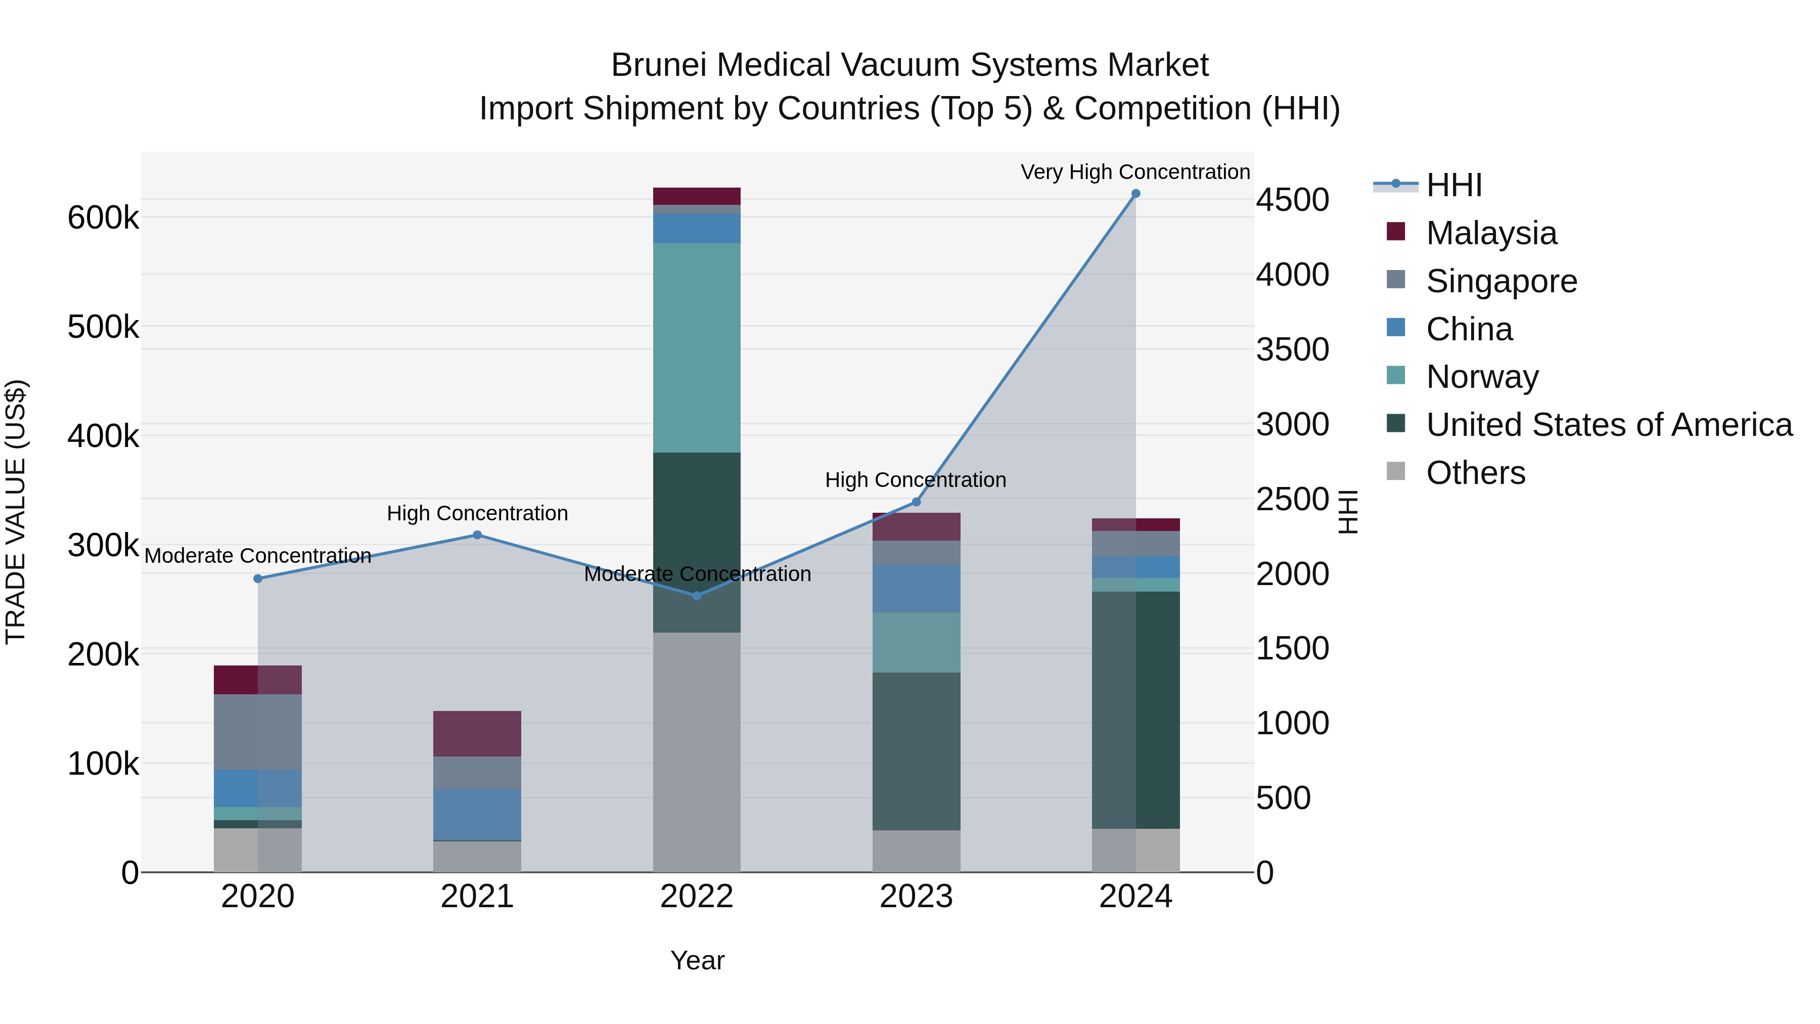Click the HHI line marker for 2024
point(1135,194)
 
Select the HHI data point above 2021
point(477,535)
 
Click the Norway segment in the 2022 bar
point(697,348)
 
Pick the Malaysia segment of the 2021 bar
point(477,734)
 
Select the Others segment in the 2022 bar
point(697,752)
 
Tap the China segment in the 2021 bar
point(477,814)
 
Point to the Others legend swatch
point(1396,471)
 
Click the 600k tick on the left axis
point(103,217)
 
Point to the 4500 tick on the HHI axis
point(1292,200)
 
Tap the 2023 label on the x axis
point(917,897)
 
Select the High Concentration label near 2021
point(477,513)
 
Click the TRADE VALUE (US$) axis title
point(16,512)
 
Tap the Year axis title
point(697,960)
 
